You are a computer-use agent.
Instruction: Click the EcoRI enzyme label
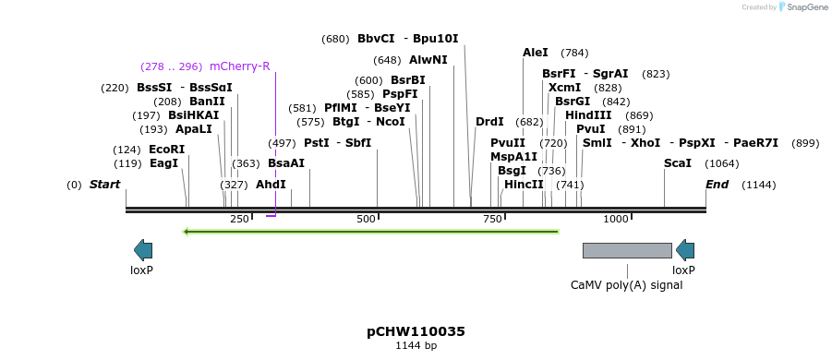coord(166,150)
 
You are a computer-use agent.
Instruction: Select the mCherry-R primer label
coord(240,66)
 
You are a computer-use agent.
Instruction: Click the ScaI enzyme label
coord(678,163)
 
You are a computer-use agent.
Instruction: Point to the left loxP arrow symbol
coord(143,249)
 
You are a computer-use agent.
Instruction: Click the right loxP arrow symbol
coord(684,249)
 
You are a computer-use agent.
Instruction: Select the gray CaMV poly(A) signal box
coord(627,250)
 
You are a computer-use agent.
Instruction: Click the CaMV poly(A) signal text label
coord(627,285)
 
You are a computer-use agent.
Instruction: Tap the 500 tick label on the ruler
coord(367,219)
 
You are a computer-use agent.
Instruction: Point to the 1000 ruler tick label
coord(616,219)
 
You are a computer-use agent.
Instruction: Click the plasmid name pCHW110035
coord(416,331)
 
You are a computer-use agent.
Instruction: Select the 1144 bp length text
coord(416,346)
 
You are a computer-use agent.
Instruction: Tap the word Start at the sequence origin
coord(104,185)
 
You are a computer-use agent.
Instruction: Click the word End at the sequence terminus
coord(717,185)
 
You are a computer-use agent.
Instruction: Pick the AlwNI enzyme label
coord(428,60)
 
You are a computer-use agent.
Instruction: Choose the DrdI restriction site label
coord(489,122)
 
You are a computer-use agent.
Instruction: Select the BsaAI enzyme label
coord(286,163)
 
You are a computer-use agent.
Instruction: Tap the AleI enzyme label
coord(536,53)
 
